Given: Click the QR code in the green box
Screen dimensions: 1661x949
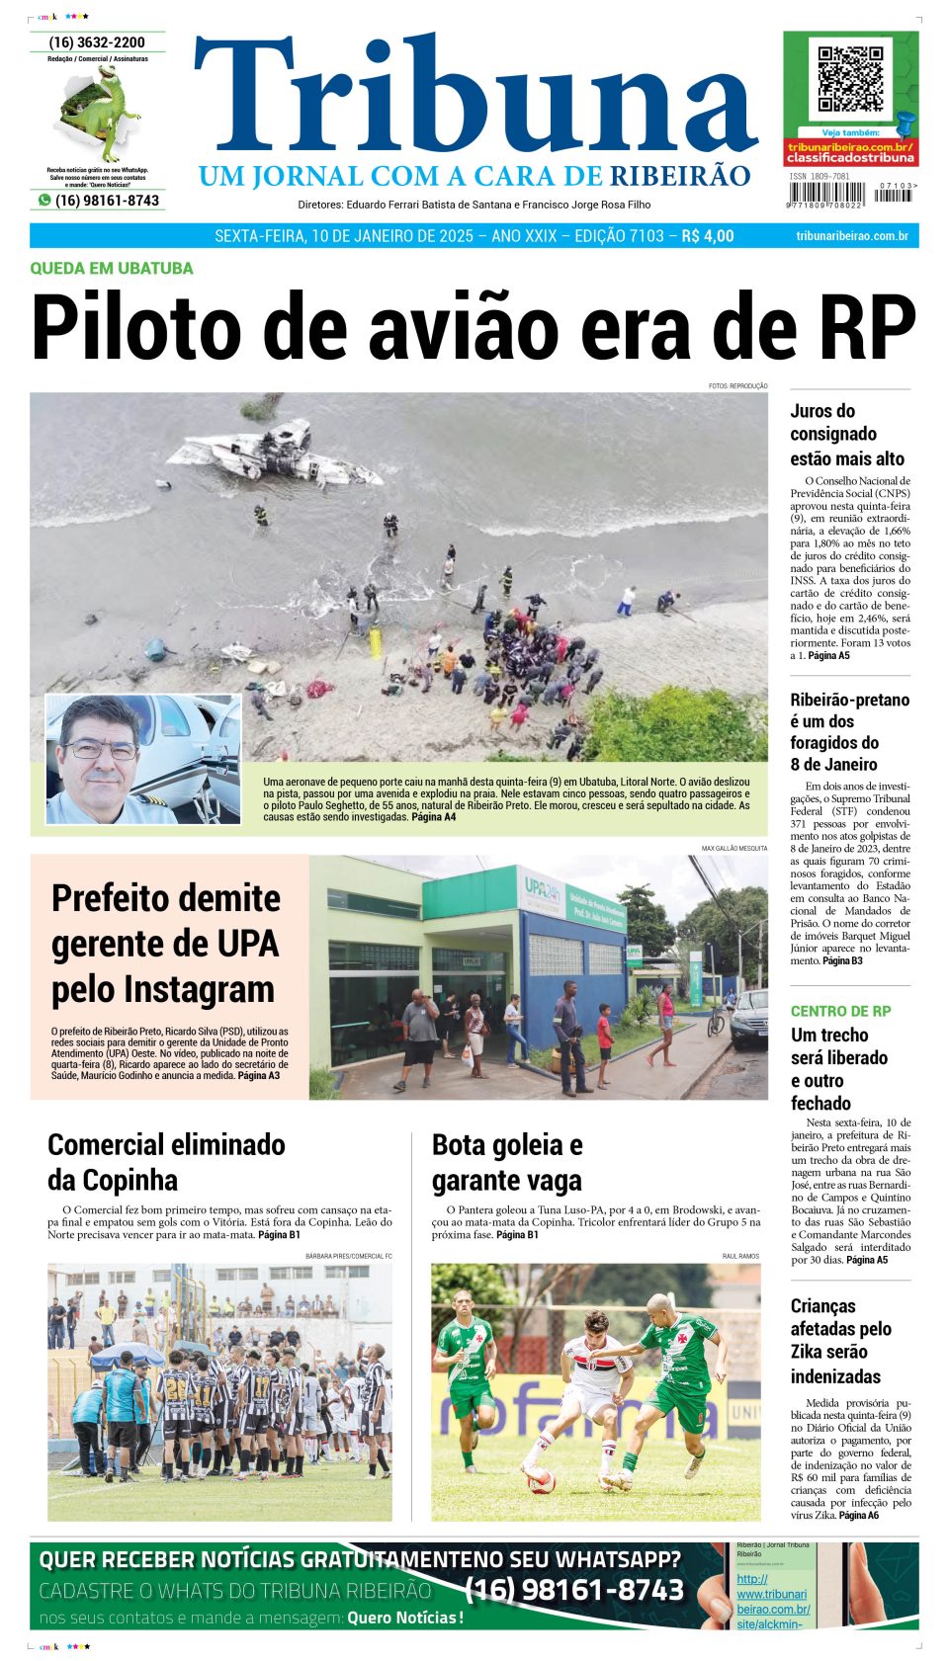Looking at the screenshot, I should point(850,77).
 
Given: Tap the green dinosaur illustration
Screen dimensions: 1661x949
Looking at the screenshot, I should point(99,111).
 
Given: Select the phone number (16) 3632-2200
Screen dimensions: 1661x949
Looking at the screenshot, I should point(97,42).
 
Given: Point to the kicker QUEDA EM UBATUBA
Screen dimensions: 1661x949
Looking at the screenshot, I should point(112,268).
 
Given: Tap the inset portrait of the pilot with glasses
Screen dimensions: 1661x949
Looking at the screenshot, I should point(142,759).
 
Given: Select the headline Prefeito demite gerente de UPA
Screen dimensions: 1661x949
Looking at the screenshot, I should point(165,943).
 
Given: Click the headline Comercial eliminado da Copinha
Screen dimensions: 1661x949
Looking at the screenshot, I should point(166,1162).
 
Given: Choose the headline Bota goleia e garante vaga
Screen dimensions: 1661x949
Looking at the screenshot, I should point(507,1162).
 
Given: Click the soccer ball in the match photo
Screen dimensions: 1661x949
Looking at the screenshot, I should point(541,1479).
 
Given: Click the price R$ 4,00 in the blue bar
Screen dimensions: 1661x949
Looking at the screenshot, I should point(708,236).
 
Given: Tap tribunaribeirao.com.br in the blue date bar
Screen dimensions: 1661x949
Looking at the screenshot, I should point(852,236).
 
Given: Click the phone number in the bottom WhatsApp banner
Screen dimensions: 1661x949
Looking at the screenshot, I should point(574,1590).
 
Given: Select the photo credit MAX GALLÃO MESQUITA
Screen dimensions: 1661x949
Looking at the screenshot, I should point(733,848).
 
